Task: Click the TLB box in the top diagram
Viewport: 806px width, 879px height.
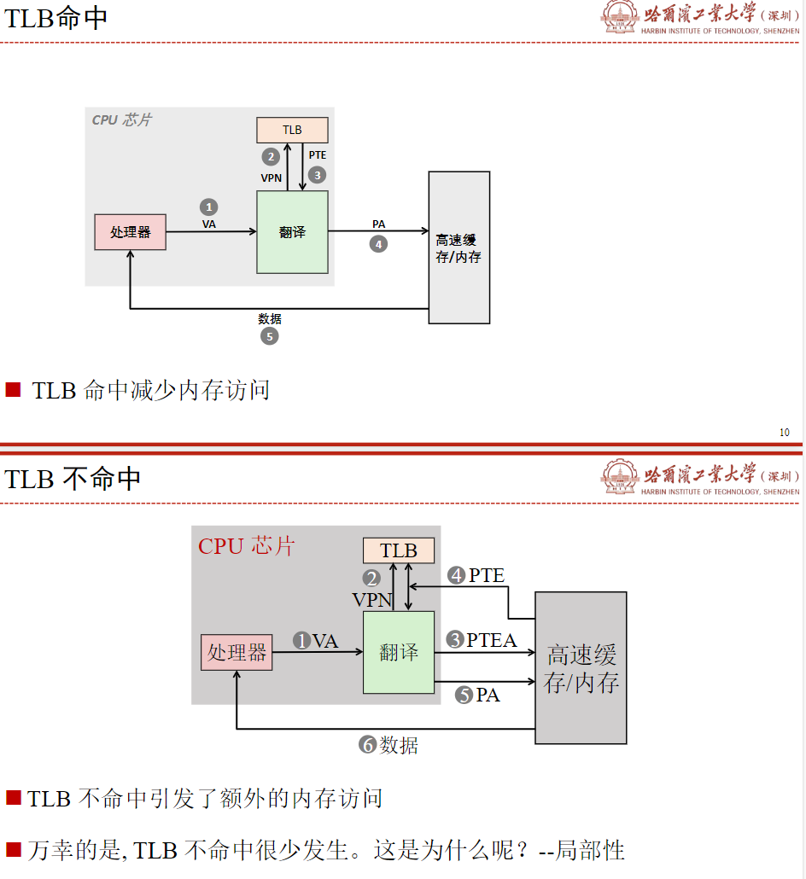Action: (x=292, y=130)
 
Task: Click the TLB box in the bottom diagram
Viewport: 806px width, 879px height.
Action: (x=399, y=550)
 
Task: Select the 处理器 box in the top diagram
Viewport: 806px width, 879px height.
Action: (x=130, y=232)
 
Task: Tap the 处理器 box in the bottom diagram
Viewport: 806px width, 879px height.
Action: (x=237, y=653)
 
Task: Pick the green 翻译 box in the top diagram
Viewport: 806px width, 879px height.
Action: (x=292, y=232)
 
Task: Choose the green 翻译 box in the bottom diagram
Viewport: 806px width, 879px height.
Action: (x=399, y=653)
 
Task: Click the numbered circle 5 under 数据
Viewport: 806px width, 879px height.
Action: (x=269, y=336)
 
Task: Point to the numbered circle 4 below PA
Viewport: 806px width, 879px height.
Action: (x=378, y=244)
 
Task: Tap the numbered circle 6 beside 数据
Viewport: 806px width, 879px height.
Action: (x=368, y=745)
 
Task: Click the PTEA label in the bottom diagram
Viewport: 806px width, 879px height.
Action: (x=492, y=640)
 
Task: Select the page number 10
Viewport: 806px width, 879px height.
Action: (x=785, y=433)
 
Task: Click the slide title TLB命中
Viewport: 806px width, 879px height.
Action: (x=56, y=19)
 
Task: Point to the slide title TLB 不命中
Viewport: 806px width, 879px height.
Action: (x=73, y=479)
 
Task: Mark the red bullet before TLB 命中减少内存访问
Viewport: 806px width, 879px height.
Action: (x=13, y=390)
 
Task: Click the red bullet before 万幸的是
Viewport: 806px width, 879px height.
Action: (x=13, y=849)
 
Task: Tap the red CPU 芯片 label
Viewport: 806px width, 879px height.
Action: (x=246, y=546)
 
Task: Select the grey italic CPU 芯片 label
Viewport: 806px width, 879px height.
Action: (x=121, y=120)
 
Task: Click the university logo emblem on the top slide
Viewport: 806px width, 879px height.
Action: (x=619, y=17)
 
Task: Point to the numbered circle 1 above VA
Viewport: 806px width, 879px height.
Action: (x=208, y=207)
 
